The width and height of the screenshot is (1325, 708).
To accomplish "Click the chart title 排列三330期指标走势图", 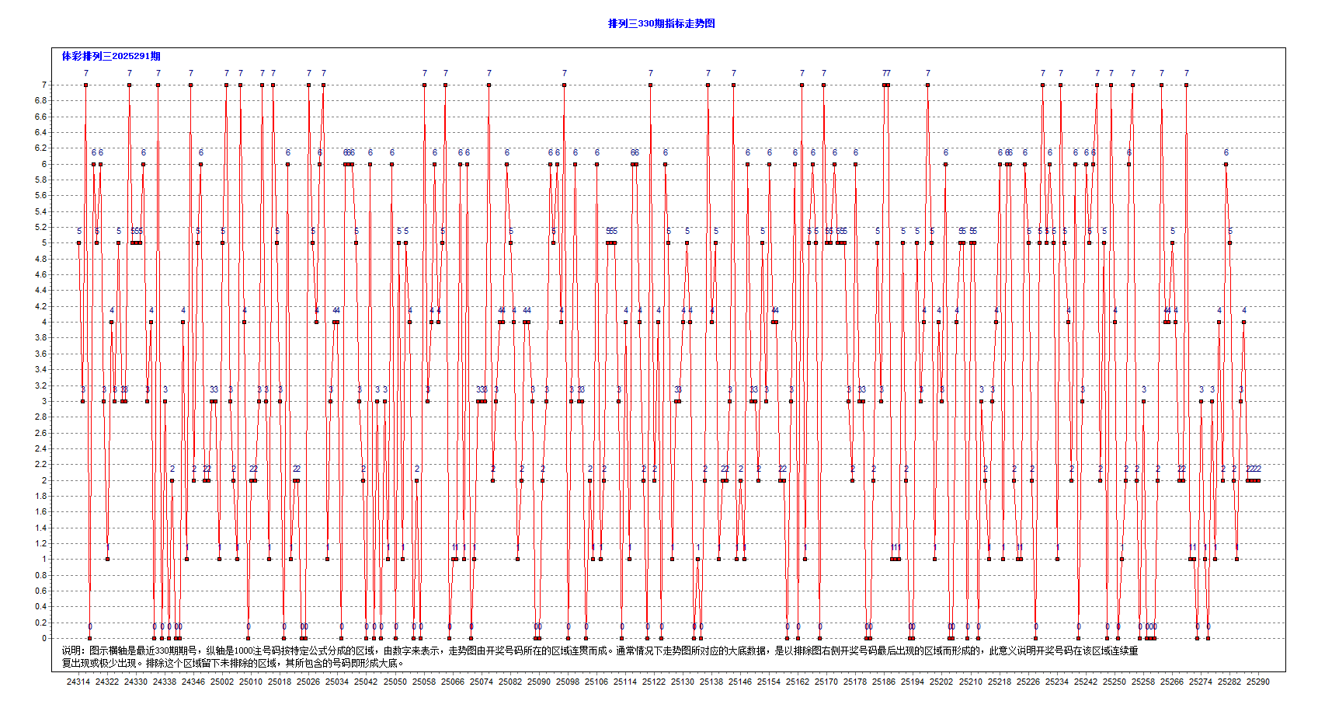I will (x=661, y=23).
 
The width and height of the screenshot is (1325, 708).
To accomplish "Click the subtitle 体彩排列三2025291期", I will (x=111, y=56).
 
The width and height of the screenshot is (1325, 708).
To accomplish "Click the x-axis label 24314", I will (x=78, y=682).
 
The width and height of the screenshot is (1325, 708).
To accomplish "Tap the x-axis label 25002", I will (x=222, y=682).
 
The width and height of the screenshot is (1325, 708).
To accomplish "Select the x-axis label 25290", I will (x=1258, y=682).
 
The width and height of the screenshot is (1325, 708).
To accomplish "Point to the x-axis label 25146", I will (x=740, y=682).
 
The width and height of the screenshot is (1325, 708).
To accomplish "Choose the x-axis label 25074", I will (x=482, y=682).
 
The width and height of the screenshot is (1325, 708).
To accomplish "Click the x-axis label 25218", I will (x=1000, y=682).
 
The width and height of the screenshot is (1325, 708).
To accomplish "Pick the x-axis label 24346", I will (x=193, y=682).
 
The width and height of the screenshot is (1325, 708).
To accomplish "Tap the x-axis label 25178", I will (x=855, y=682).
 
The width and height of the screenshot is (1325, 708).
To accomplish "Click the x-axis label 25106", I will (x=596, y=682).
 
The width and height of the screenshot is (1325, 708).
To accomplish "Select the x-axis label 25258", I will (x=1143, y=682).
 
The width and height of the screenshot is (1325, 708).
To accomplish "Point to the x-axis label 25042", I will (x=366, y=682).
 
